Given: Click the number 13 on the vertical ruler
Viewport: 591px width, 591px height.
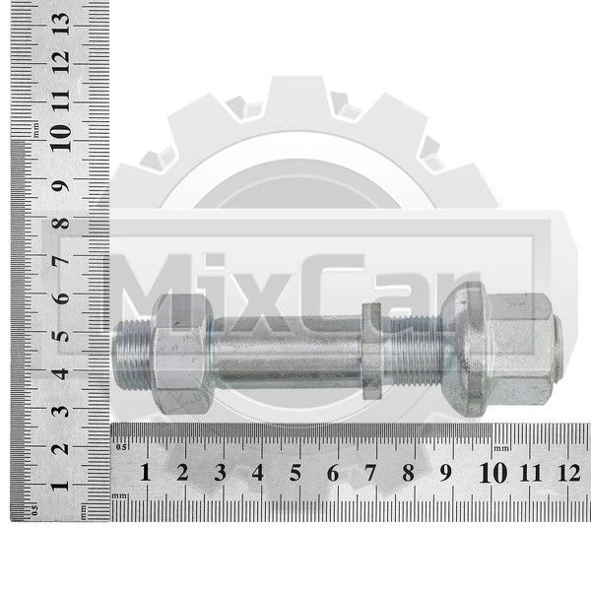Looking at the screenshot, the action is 61,24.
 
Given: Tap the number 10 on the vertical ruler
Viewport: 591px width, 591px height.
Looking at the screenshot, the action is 60,138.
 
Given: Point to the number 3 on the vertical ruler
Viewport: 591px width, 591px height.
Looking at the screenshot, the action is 61,411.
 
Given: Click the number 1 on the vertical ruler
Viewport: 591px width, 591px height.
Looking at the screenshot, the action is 61,485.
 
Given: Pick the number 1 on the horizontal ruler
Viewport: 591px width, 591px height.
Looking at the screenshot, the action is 146,472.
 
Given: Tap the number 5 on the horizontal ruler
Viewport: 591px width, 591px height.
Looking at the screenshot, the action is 295,472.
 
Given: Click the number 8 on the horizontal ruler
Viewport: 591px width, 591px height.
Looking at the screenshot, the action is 408,472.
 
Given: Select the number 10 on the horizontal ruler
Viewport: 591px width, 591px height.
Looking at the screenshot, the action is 493,473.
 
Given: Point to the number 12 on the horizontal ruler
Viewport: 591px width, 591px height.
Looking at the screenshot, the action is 569,473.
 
